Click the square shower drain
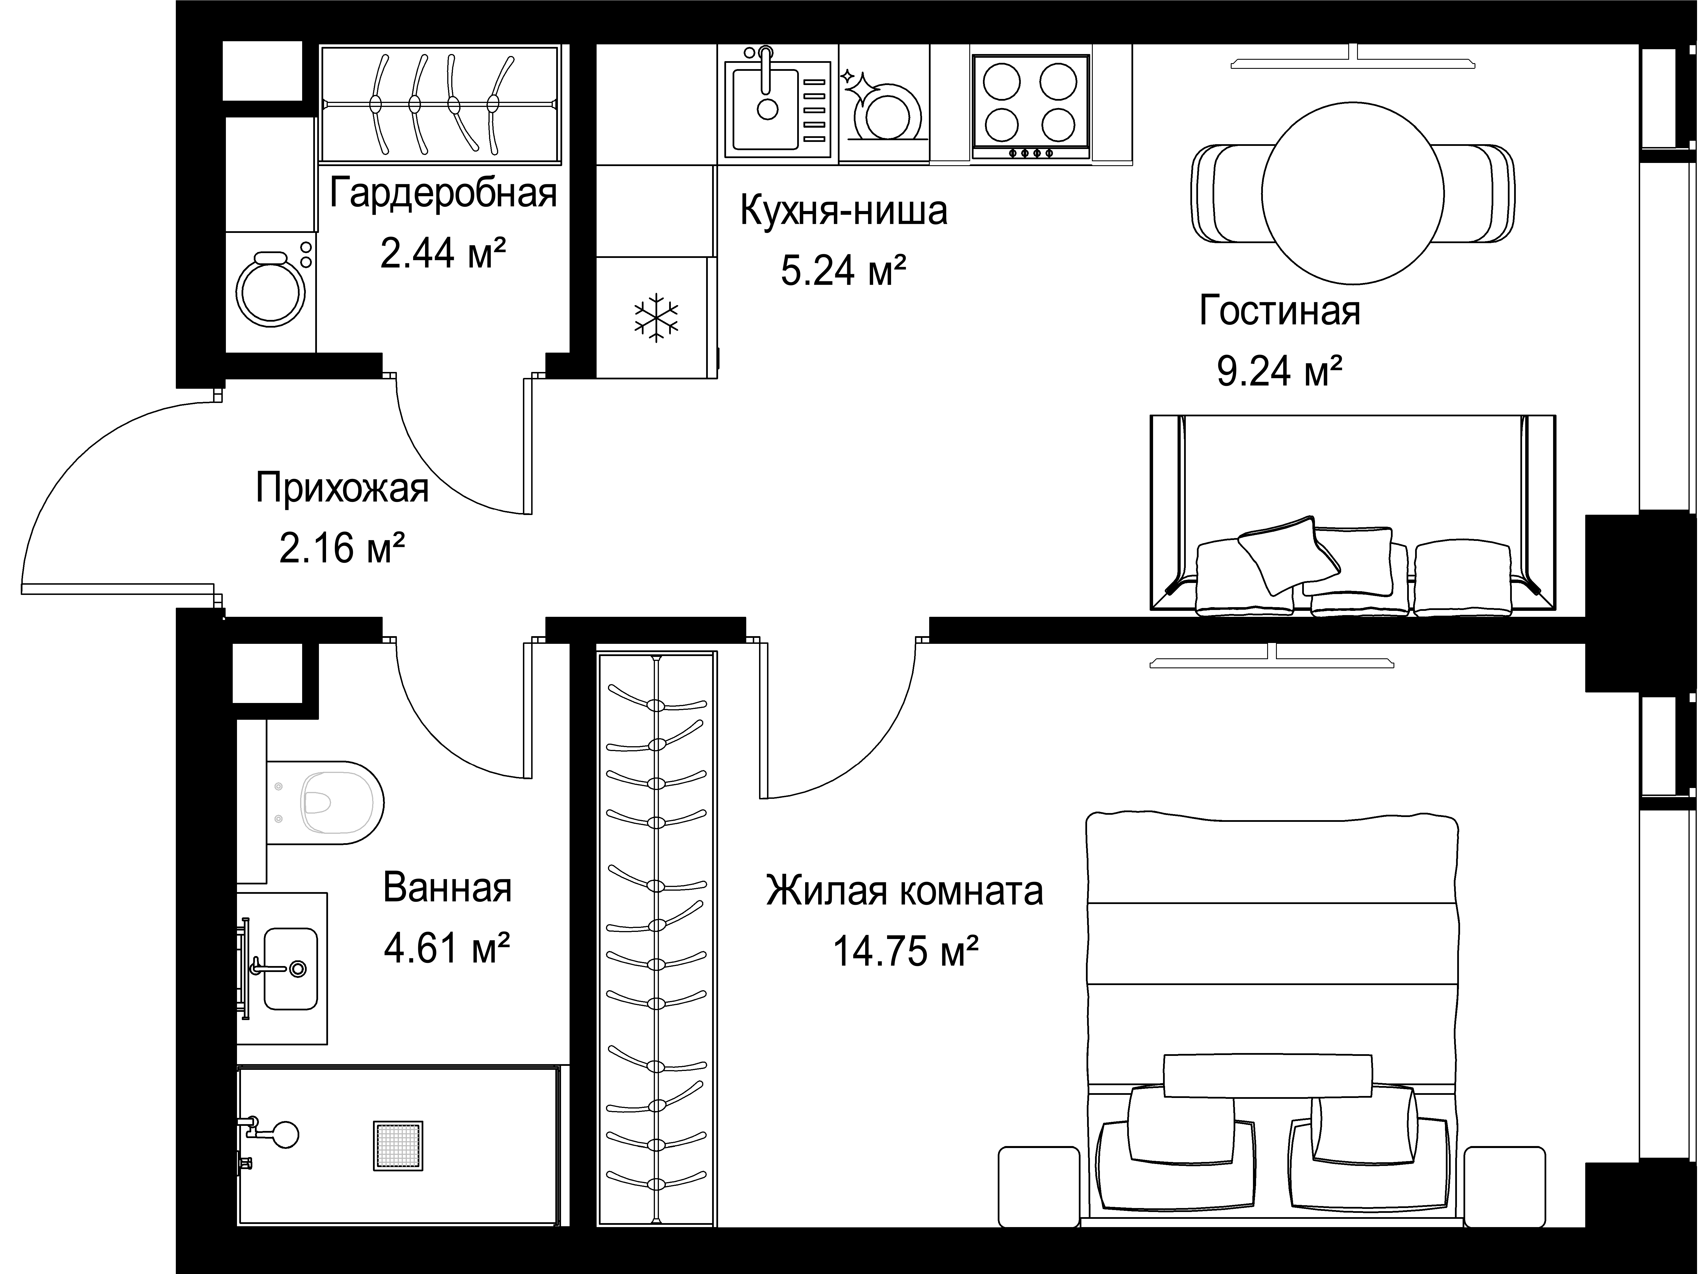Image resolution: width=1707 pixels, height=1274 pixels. pyautogui.click(x=398, y=1145)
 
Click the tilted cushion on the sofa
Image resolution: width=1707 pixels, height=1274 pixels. pyautogui.click(x=1288, y=554)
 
